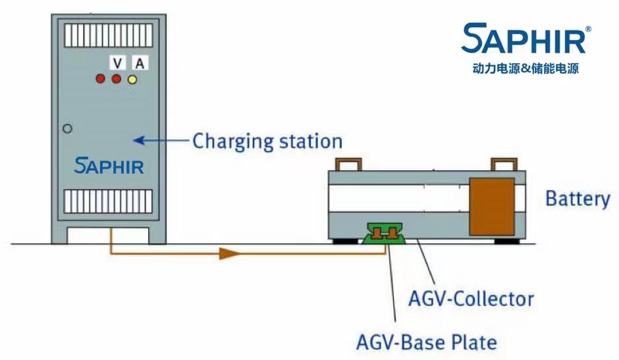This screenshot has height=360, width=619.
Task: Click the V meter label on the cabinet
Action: tap(117, 63)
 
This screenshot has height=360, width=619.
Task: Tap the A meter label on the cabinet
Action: tap(139, 63)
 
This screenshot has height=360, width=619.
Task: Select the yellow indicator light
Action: tap(132, 80)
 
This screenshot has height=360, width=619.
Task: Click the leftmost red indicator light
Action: tap(101, 80)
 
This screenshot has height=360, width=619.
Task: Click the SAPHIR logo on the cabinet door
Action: tap(109, 165)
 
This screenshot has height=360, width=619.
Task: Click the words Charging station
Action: tap(267, 141)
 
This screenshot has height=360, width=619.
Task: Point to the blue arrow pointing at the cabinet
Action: tap(161, 140)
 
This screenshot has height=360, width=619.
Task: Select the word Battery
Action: tap(578, 198)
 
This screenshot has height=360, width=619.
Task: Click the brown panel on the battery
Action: tap(491, 205)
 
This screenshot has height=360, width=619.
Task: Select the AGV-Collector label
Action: tap(470, 299)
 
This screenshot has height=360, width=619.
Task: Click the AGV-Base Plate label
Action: tap(426, 342)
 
